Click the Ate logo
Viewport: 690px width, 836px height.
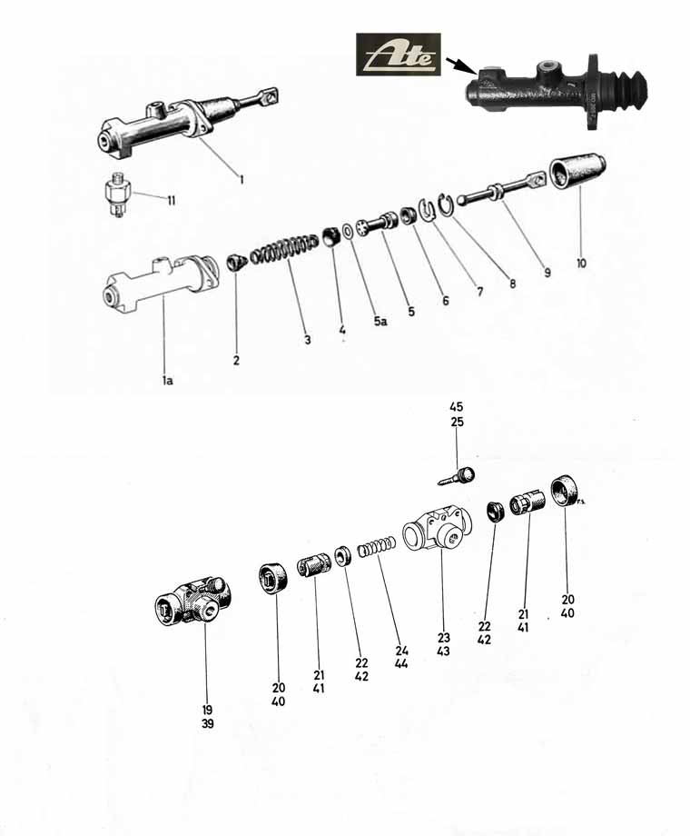[x=399, y=55]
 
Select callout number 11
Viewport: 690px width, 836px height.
[x=171, y=201]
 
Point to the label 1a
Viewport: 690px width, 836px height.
[x=168, y=380]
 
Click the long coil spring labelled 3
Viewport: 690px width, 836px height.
[x=284, y=248]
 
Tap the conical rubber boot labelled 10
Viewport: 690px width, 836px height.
[x=577, y=173]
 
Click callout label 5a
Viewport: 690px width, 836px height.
[x=379, y=321]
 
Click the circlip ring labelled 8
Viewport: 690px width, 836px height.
[x=446, y=204]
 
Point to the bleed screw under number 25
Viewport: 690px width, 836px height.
[x=457, y=475]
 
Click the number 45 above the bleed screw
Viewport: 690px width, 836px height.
[x=457, y=407]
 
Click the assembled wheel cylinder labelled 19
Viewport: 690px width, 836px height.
[x=192, y=601]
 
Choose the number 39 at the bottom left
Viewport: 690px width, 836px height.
[x=208, y=723]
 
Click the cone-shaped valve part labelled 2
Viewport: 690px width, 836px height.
[x=235, y=263]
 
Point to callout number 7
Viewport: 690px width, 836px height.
[x=480, y=291]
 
